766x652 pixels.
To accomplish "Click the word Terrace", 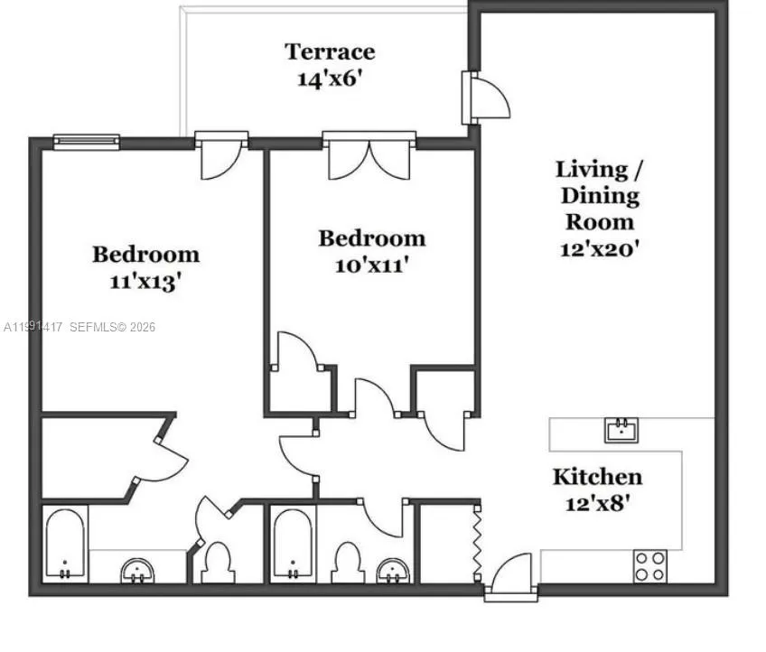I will pos(330,51).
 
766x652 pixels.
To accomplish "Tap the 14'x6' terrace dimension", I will pos(330,79).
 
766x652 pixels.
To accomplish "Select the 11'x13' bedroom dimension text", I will pos(145,281).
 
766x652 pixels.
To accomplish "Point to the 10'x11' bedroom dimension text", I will pos(371,265).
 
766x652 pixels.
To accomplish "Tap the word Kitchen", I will pos(597,476).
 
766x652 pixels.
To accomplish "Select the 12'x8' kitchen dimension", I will pos(597,502).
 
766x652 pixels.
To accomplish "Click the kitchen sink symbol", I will pos(621,429).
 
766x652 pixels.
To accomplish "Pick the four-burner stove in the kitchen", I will pos(649,566).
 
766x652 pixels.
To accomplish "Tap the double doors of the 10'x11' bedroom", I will pos(369,156).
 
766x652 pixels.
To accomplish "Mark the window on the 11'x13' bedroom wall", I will pos(86,141).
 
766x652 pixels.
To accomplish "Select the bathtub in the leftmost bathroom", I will pos(65,545).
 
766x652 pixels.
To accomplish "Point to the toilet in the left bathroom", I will pos(217,562).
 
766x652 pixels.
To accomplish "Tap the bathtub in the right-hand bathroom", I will pos(293,545).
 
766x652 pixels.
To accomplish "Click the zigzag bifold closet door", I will pos(478,541).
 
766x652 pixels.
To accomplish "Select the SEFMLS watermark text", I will pos(112,327).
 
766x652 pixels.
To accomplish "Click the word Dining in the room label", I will pos(600,195).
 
